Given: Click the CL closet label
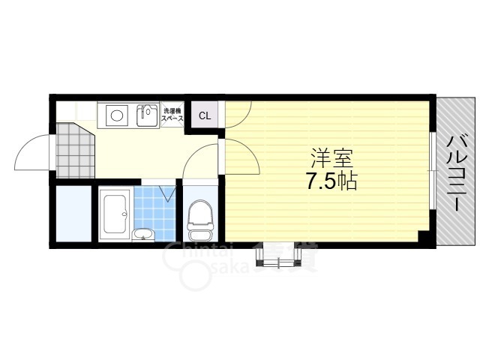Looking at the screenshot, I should coord(204,116).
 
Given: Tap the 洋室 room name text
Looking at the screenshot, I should coord(331,158).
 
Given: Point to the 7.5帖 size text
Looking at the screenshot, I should coord(331,181).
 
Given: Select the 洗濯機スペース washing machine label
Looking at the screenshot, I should coord(172,114).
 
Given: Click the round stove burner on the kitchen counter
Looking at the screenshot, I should coord(116,115).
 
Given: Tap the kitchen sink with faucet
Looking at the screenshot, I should coord(147,115).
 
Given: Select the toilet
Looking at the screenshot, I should coord(199,217).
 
